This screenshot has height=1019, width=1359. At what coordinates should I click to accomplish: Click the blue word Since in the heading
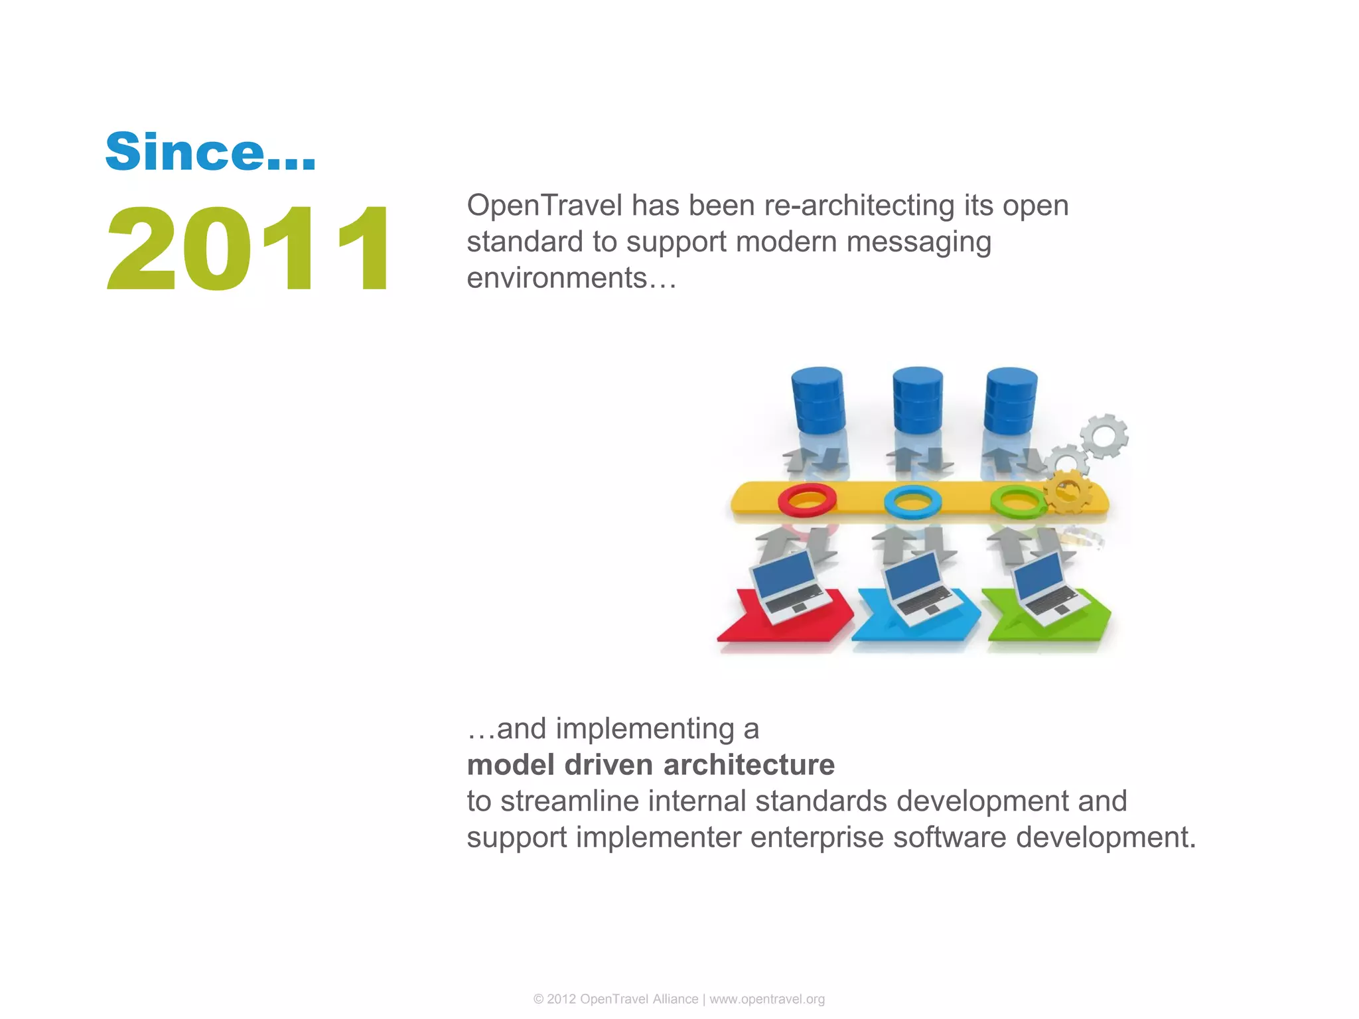click(x=184, y=151)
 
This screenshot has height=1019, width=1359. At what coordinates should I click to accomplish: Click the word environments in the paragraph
click(x=556, y=278)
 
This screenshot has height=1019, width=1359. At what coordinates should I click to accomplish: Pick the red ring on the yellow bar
click(x=807, y=500)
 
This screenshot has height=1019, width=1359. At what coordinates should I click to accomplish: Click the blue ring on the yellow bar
click(x=912, y=501)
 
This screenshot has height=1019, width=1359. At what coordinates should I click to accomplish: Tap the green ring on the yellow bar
click(x=1017, y=501)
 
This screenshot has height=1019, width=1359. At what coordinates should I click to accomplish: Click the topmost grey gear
click(x=1104, y=436)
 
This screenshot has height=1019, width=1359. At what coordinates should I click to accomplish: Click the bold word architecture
click(x=749, y=765)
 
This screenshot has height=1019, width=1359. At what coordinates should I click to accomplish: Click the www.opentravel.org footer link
click(x=767, y=999)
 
